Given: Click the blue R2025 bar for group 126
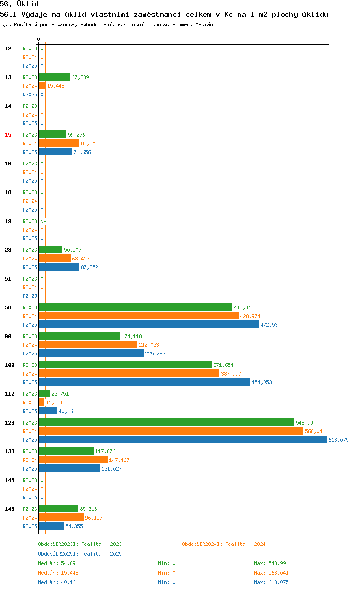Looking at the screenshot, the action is [x=183, y=439].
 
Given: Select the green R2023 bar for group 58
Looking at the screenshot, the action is [x=136, y=307].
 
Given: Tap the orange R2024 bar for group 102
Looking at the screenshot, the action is [x=129, y=373].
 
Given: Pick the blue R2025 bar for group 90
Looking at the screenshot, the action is [x=91, y=353].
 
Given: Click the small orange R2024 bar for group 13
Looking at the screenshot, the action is [x=42, y=85].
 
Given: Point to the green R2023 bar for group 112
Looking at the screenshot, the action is [x=45, y=393].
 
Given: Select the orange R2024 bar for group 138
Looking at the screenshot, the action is [x=73, y=460].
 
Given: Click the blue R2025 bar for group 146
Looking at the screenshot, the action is [x=52, y=526].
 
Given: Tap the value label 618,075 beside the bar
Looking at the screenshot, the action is [x=338, y=440].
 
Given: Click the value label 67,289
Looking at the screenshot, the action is [x=80, y=77].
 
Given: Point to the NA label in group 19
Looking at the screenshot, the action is [x=43, y=221].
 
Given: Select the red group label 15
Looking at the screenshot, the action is [x=8, y=135].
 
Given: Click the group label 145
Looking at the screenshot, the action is [x=10, y=480].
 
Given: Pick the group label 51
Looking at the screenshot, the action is [x=8, y=279].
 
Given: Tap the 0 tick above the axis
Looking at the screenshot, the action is [x=38, y=39].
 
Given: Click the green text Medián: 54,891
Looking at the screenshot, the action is [x=58, y=563].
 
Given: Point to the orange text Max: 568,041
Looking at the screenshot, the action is [x=271, y=573].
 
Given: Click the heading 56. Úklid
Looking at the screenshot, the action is [x=19, y=4].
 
